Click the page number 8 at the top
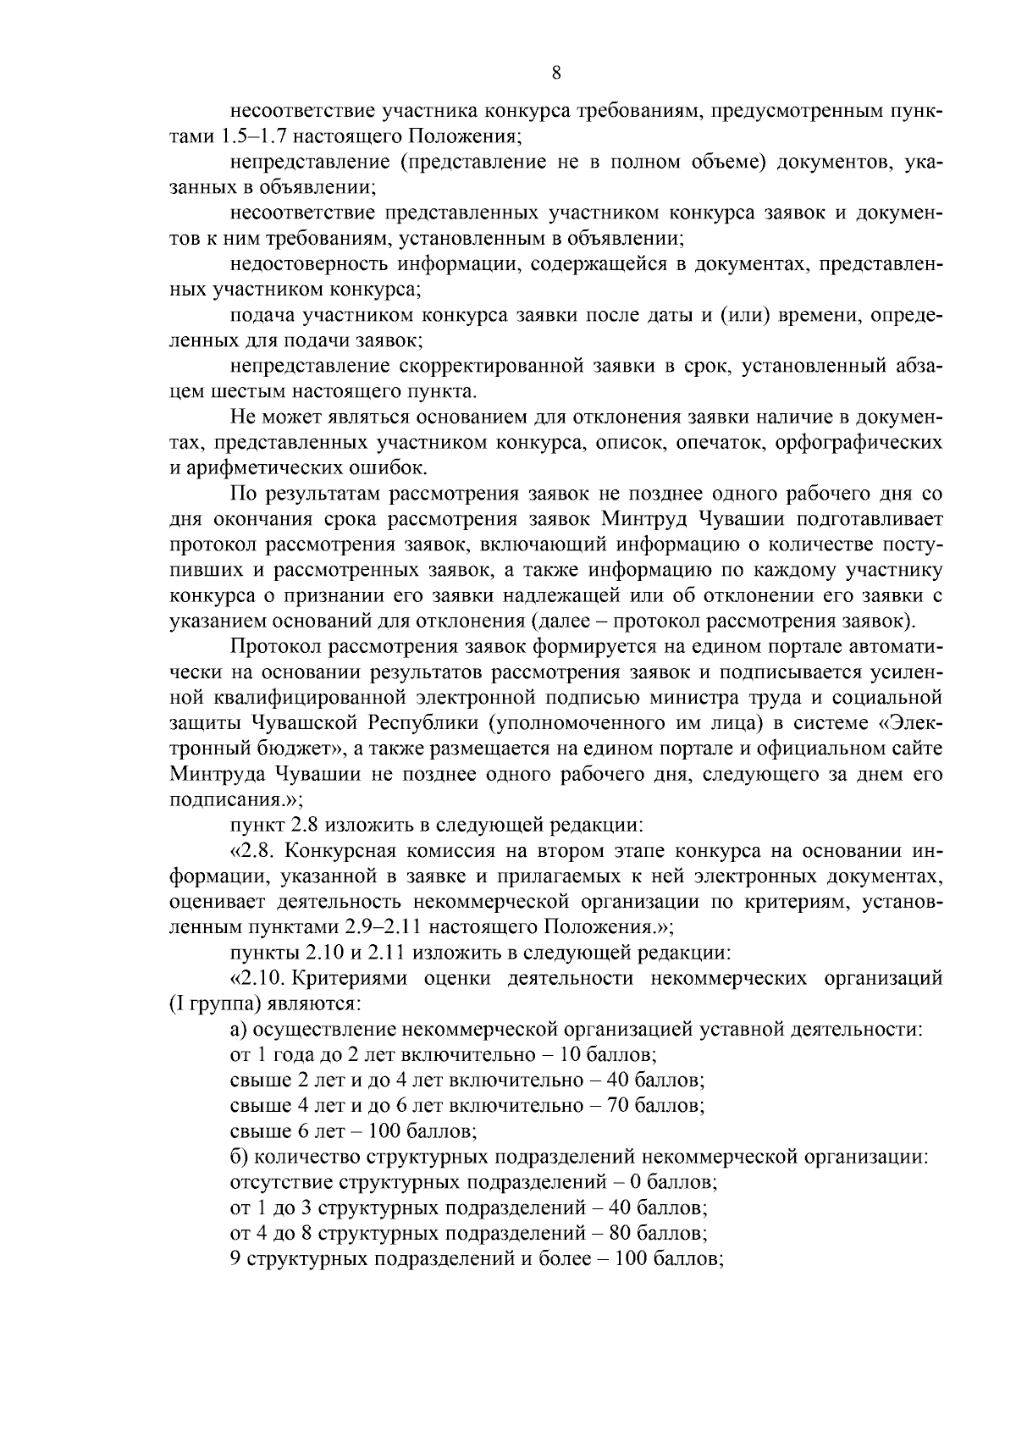[x=555, y=73]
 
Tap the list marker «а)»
[x=239, y=1030]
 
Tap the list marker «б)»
[x=239, y=1157]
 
